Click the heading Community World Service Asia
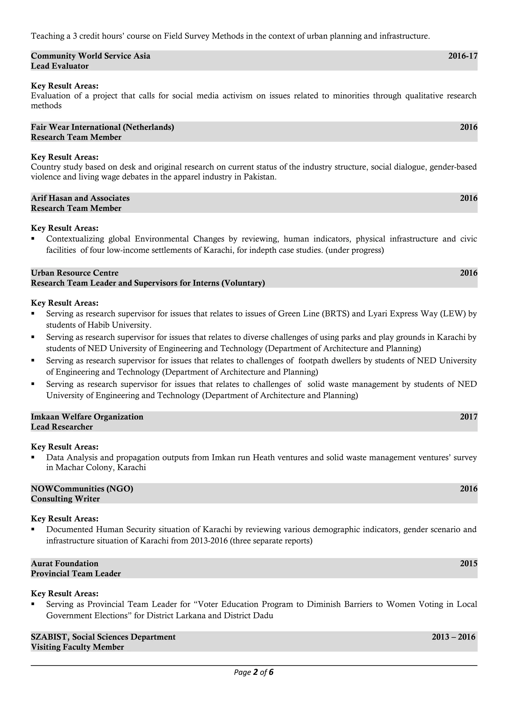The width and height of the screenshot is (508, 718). [91, 56]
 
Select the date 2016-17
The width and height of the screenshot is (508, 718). [463, 56]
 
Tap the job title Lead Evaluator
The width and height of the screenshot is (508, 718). [60, 66]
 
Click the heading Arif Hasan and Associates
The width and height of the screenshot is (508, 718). [80, 198]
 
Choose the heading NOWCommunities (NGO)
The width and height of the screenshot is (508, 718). [82, 489]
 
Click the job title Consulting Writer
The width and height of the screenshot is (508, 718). [65, 499]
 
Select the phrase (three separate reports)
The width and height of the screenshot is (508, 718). [271, 541]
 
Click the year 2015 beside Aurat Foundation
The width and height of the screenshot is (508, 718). [469, 563]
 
